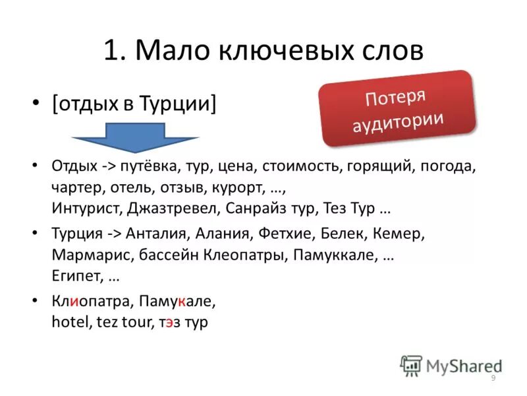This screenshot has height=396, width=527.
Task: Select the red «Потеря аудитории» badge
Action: point(397,109)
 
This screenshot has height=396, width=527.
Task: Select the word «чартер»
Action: point(74,187)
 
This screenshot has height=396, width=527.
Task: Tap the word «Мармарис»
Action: point(84,255)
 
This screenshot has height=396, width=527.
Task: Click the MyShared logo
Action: point(451,364)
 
